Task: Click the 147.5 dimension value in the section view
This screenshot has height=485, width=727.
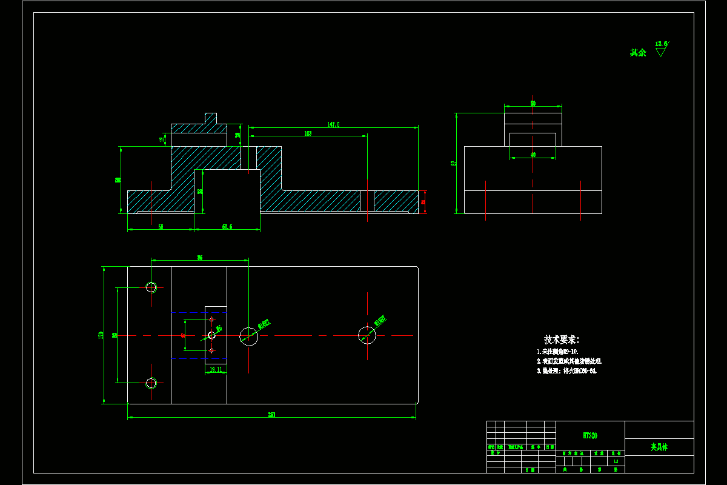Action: tap(333, 124)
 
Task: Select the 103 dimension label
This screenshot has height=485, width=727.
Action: tap(308, 133)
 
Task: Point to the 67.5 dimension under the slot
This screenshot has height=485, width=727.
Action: tap(227, 227)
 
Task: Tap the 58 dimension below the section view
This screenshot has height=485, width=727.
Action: tap(161, 227)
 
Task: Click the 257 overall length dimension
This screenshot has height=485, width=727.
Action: tap(271, 415)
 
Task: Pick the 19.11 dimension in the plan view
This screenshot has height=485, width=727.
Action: tap(216, 369)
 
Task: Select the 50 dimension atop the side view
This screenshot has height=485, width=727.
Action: tap(533, 103)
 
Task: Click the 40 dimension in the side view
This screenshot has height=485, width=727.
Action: tap(533, 155)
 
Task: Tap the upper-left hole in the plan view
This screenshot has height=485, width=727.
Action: tap(151, 287)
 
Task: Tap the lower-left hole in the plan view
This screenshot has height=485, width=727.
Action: tap(151, 383)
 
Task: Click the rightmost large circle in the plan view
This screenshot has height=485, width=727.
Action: tap(367, 334)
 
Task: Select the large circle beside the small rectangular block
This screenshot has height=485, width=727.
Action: tap(248, 335)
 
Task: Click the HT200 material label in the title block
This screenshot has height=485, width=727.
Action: tap(589, 435)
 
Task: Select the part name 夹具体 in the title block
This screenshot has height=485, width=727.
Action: tap(659, 447)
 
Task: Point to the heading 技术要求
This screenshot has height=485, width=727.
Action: tap(562, 339)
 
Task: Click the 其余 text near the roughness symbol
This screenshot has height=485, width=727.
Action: tap(638, 53)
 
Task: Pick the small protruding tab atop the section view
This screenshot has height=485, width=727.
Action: tap(210, 118)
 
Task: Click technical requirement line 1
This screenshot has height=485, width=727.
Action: tap(557, 352)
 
